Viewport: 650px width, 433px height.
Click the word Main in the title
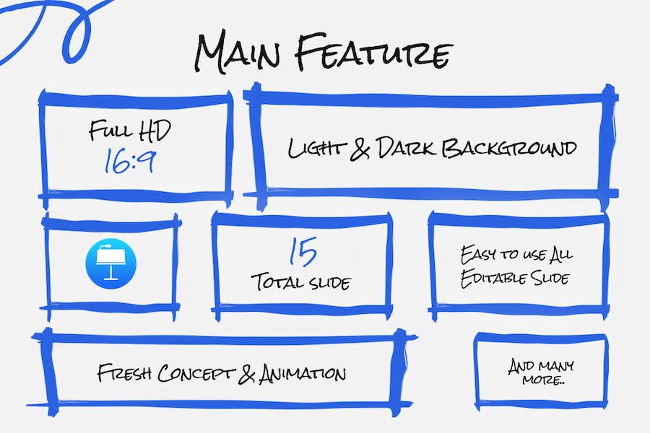(237, 53)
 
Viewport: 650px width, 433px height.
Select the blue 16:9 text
(129, 161)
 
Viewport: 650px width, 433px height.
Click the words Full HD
(130, 130)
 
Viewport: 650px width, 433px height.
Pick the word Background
(509, 147)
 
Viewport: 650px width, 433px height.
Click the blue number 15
(303, 251)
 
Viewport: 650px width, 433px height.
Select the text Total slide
(301, 281)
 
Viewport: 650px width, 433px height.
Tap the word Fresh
(124, 373)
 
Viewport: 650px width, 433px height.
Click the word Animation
(302, 374)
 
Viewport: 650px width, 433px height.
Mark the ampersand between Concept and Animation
(247, 374)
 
